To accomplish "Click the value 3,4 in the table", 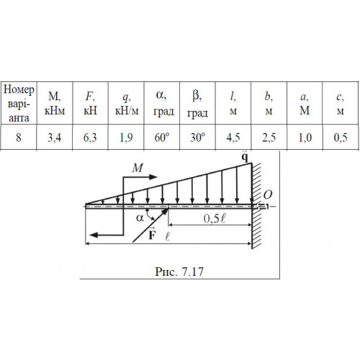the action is [54, 138].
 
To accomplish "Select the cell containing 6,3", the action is [90, 138].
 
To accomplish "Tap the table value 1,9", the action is [126, 138].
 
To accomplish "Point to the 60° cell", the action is [162, 138].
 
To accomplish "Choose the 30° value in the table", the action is [197, 138].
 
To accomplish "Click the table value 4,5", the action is [233, 138].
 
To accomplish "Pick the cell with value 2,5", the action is [269, 138].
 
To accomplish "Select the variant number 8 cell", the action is [19, 138].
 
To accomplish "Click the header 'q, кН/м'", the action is [127, 104].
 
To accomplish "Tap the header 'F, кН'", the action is [90, 104].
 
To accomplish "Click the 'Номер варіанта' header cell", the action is [19, 104].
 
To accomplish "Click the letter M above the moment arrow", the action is [138, 168].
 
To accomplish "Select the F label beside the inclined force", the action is [152, 235].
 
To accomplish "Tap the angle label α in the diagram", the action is [140, 218].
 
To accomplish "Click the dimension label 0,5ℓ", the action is [215, 218].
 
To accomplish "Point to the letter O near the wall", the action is [268, 195].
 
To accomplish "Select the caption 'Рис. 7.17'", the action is [179, 271].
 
